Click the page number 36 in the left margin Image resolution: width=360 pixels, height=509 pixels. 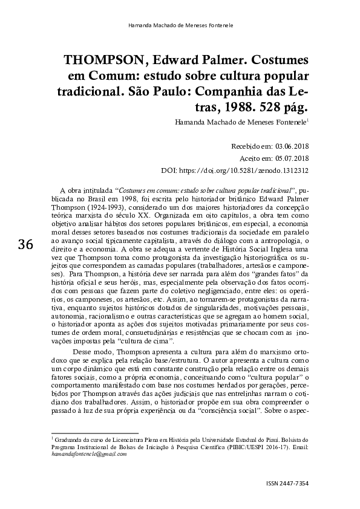[25, 245]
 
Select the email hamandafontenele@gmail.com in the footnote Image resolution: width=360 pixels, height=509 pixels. [89, 454]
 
